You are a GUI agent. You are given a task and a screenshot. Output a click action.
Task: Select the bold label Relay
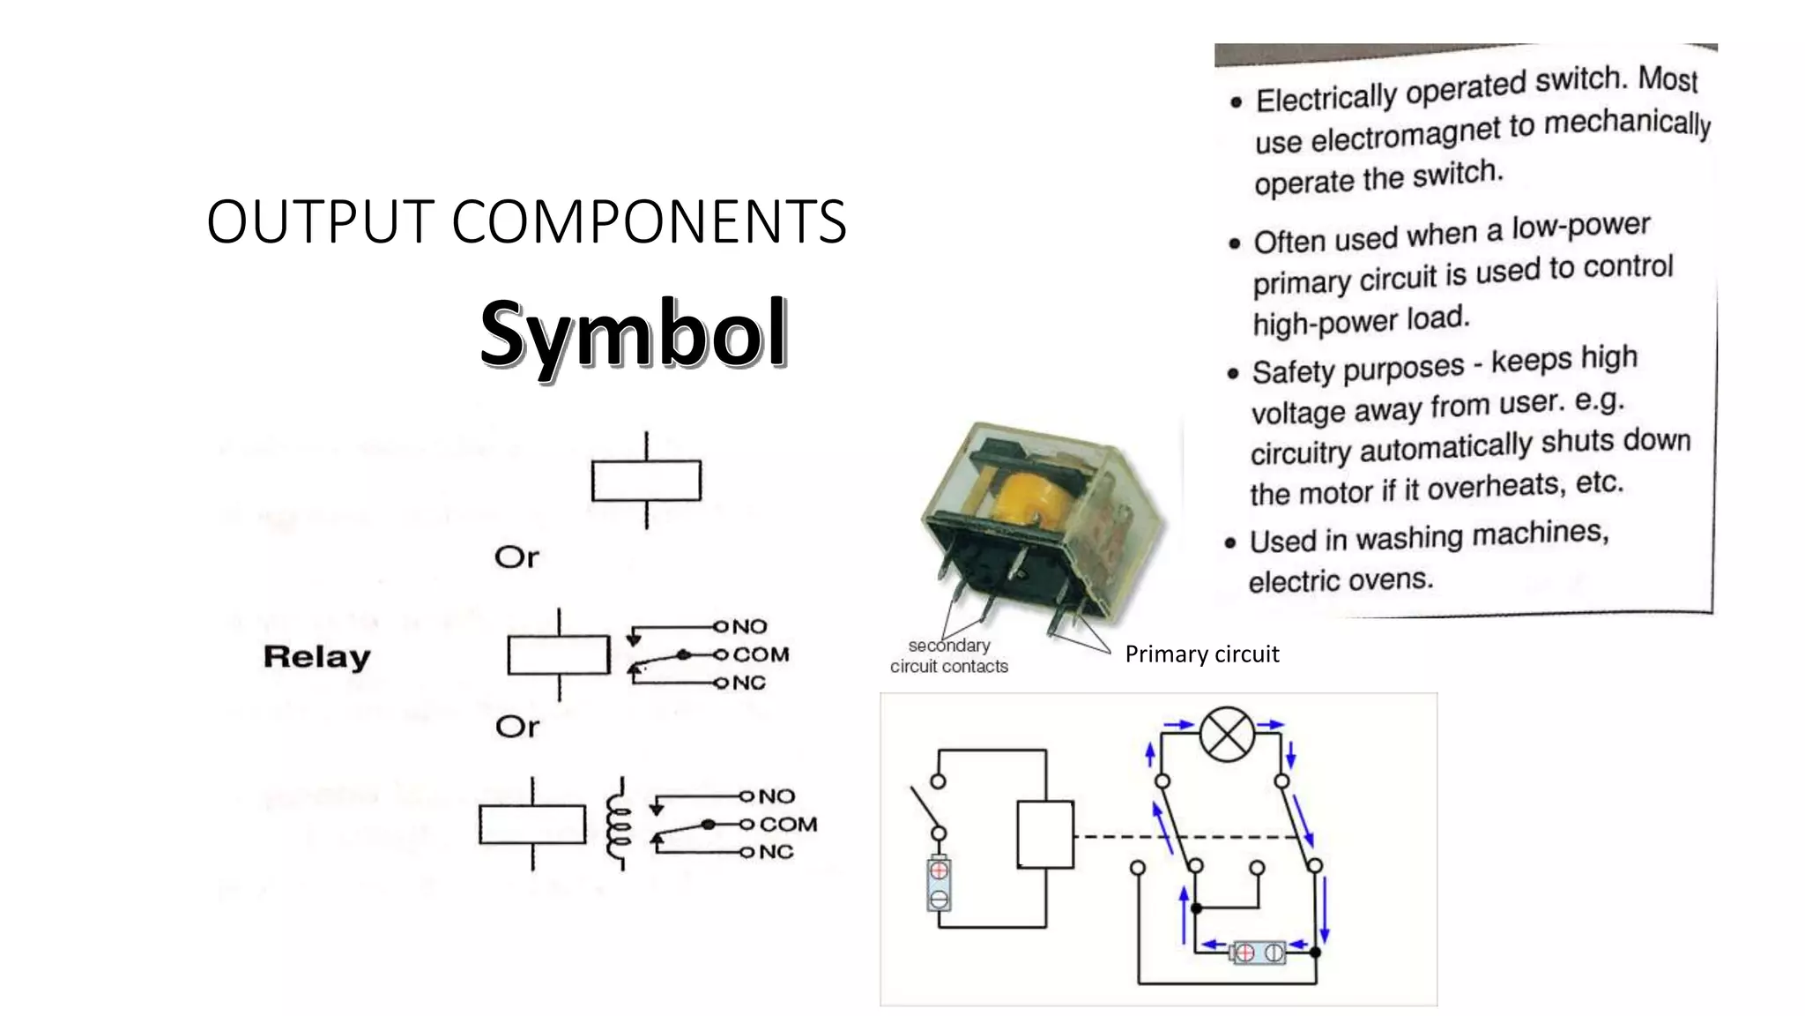pyautogui.click(x=316, y=657)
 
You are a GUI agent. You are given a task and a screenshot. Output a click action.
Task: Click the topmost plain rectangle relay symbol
pyautogui.click(x=646, y=481)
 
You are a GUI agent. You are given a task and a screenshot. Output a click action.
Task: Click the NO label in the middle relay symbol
pyautogui.click(x=749, y=627)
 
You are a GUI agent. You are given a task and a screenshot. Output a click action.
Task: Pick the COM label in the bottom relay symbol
pyautogui.click(x=788, y=825)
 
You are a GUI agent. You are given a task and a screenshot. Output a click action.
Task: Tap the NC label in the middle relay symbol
pyautogui.click(x=749, y=684)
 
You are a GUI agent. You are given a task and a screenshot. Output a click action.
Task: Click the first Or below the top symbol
pyautogui.click(x=516, y=557)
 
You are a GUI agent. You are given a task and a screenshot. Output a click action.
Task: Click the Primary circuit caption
pyautogui.click(x=1201, y=654)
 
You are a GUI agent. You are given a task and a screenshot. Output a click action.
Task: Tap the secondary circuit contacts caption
pyautogui.click(x=948, y=656)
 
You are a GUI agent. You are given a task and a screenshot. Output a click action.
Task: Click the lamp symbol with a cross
pyautogui.click(x=1227, y=734)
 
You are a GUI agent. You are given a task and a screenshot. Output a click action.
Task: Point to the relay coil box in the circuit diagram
pyautogui.click(x=1045, y=834)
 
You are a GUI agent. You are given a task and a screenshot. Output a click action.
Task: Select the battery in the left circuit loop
pyautogui.click(x=939, y=885)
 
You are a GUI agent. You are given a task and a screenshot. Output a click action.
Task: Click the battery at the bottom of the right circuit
pyautogui.click(x=1259, y=952)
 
